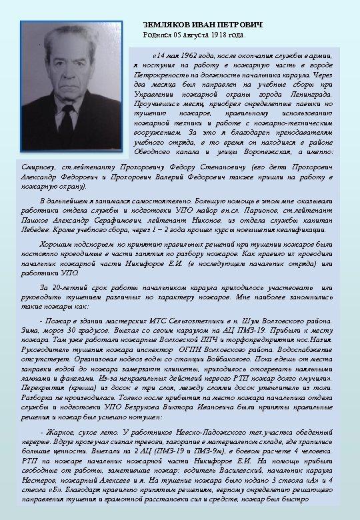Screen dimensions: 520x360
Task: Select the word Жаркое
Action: pyautogui.click(x=59, y=433)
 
